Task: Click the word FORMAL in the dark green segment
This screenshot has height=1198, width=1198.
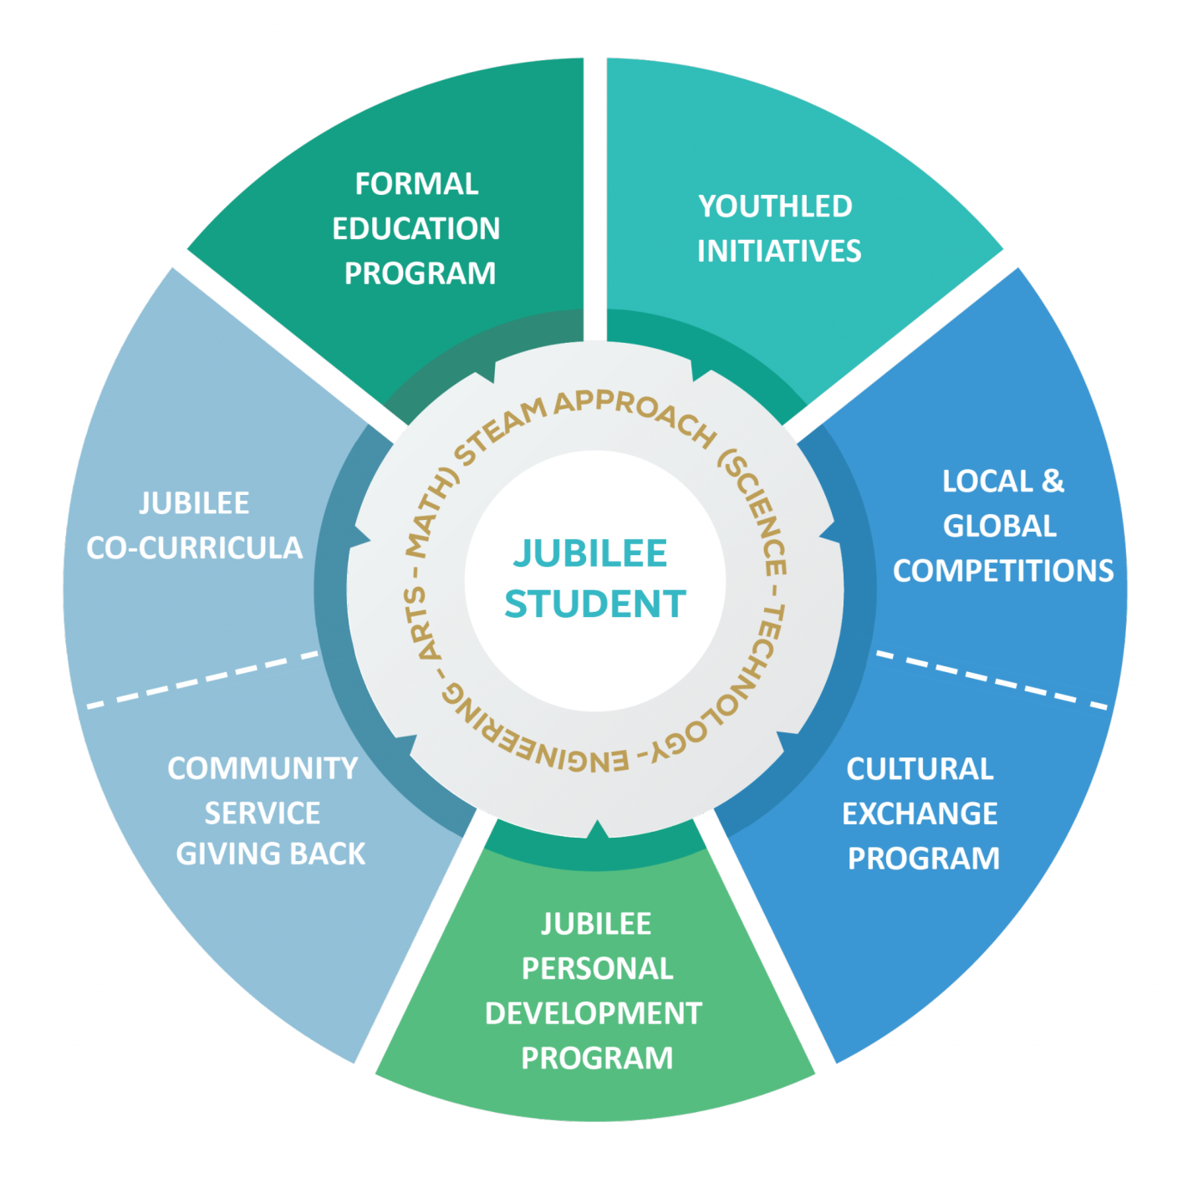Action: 416,184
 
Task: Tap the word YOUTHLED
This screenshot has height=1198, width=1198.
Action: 775,206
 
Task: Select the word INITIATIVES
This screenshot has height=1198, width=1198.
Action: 779,251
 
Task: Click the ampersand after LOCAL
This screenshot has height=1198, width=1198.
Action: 1053,481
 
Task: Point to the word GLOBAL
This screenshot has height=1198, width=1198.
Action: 1000,526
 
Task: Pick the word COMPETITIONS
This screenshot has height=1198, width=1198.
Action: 1003,570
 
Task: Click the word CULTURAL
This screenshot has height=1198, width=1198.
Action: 920,768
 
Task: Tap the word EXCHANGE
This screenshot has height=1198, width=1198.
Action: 920,813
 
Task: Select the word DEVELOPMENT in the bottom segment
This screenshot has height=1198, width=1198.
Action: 594,1013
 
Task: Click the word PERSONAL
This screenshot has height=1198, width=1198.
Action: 597,968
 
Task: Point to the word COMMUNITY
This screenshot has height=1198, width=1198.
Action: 263,768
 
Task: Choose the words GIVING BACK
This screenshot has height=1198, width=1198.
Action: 271,854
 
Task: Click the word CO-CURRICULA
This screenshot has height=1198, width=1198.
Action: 195,548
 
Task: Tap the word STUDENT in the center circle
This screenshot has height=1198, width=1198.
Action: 595,604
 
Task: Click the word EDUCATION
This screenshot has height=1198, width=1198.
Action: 416,228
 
